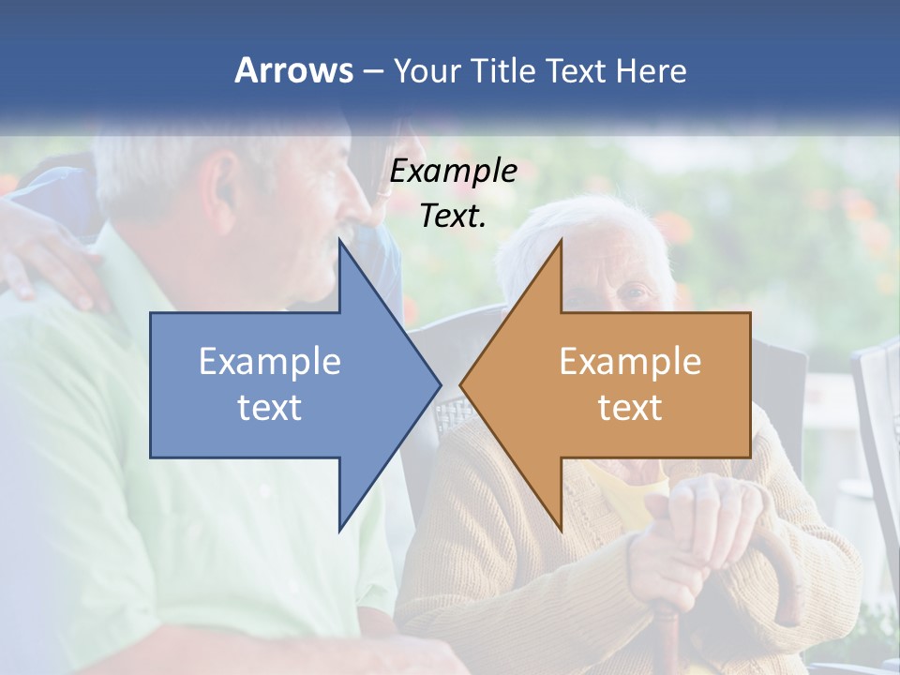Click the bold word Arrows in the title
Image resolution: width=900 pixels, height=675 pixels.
click(293, 70)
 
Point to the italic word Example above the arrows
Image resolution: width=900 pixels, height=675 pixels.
click(453, 172)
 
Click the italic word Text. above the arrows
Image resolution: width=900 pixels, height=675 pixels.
click(453, 216)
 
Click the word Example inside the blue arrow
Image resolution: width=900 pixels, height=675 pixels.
click(269, 362)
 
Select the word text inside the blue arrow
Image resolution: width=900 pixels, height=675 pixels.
click(269, 407)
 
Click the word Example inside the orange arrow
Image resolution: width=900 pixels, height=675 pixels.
click(630, 362)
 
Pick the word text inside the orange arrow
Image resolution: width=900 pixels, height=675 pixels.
click(630, 407)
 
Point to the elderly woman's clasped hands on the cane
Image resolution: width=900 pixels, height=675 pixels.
click(703, 525)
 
